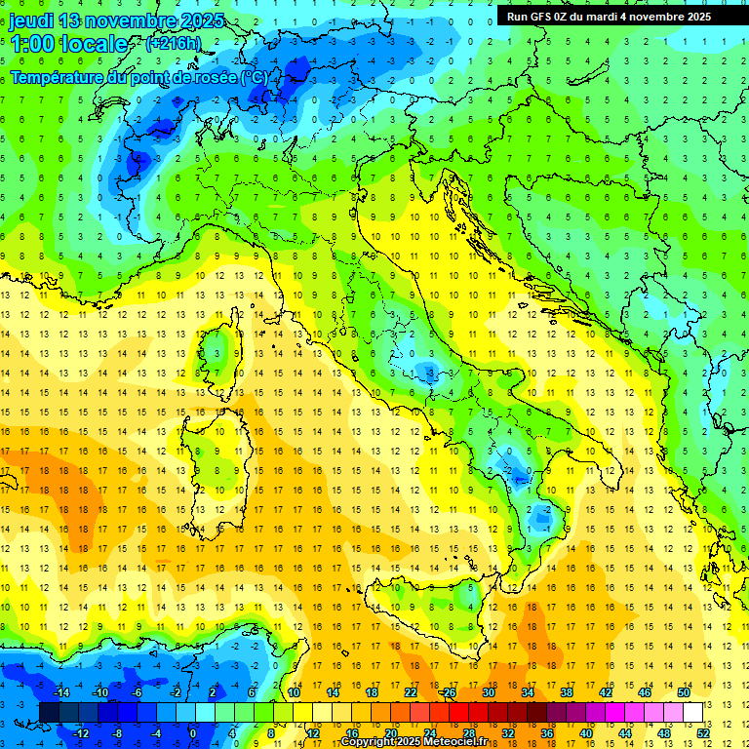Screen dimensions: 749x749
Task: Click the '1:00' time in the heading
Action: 32,44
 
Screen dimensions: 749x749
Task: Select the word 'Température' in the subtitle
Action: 58,77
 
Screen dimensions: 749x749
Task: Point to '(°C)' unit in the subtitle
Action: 252,77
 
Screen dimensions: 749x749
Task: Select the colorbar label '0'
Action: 193,733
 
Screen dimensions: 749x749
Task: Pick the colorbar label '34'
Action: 528,692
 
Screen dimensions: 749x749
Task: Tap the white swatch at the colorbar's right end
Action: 692,712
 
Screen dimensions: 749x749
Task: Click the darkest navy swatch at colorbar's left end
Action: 49,712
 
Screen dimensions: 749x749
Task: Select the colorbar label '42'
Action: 606,692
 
